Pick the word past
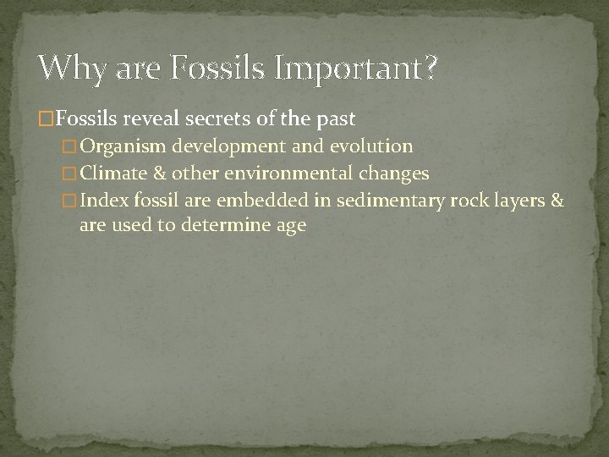pos(332,118)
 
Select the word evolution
pos(372,146)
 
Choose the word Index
pos(101,201)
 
